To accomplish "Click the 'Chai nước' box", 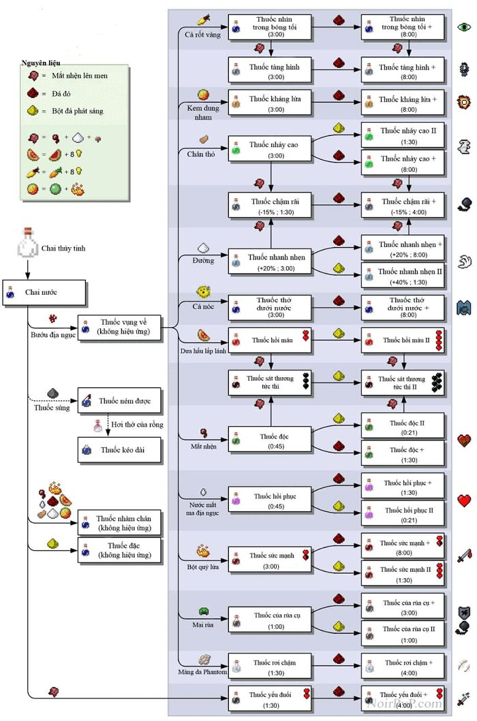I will click(x=45, y=292).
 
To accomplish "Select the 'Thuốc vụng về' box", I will click(x=120, y=327).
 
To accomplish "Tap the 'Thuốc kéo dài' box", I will click(x=120, y=450).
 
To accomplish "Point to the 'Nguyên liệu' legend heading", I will click(x=41, y=62).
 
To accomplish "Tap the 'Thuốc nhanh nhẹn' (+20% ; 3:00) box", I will click(x=269, y=262).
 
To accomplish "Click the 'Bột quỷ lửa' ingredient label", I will click(x=202, y=566).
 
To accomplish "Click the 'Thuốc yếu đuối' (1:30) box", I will click(x=269, y=699).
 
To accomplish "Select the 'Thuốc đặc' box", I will click(x=120, y=550).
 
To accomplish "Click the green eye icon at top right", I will click(x=465, y=27).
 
